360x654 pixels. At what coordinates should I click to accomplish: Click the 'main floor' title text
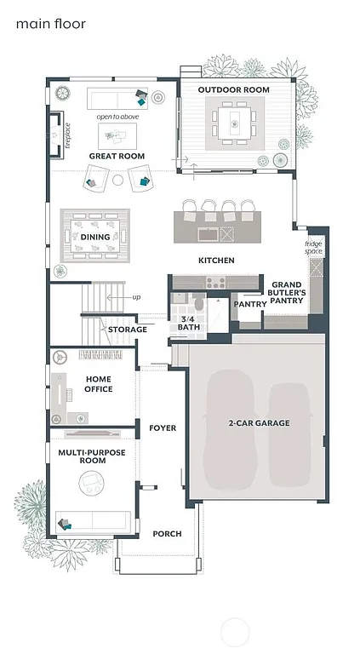pos(50,24)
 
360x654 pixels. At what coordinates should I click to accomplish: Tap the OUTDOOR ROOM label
pos(233,89)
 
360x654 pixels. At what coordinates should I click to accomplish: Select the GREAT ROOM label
pos(117,156)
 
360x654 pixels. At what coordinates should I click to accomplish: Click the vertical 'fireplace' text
pos(68,136)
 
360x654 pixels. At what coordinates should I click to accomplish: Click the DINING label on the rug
pos(94,237)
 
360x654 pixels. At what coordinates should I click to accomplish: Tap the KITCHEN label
pos(216,260)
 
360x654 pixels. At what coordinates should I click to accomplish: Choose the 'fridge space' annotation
pos(315,248)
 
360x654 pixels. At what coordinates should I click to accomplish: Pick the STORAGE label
pos(127,329)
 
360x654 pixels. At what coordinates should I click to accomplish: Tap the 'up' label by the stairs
pos(136,297)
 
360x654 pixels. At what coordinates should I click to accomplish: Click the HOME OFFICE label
pos(99,384)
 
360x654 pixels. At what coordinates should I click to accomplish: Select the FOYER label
pos(162,427)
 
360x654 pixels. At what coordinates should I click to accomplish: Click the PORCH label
pos(167,534)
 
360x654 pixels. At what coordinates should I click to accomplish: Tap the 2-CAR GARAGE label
pos(259,423)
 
